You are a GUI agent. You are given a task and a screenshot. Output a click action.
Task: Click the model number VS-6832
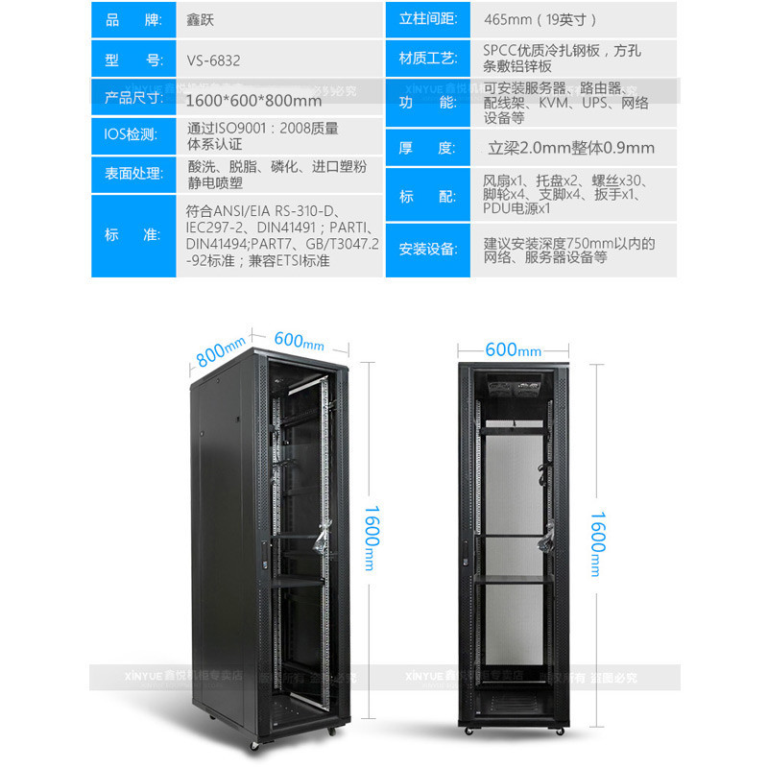tap(214, 60)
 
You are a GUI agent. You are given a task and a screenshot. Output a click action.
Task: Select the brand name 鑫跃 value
tap(202, 19)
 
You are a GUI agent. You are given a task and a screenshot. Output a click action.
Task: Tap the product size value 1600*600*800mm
tap(253, 100)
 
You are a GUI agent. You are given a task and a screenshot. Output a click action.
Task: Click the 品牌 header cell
tap(133, 19)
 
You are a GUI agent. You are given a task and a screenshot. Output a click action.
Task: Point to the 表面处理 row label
tap(133, 176)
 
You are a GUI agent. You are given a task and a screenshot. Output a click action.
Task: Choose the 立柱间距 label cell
tap(427, 19)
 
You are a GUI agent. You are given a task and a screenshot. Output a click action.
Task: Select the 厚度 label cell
tap(427, 148)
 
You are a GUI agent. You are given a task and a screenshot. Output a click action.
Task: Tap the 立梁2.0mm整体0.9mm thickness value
tap(571, 148)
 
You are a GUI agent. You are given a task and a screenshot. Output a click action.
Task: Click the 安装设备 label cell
tap(427, 250)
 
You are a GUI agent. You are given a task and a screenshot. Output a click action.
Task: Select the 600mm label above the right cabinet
tap(514, 349)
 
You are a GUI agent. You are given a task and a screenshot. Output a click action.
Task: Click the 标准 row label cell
tap(133, 235)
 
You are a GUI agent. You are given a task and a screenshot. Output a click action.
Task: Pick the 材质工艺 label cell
tap(427, 60)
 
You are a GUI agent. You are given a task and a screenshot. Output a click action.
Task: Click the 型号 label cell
tap(133, 60)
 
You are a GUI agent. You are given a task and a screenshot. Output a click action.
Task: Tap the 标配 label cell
tap(427, 196)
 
